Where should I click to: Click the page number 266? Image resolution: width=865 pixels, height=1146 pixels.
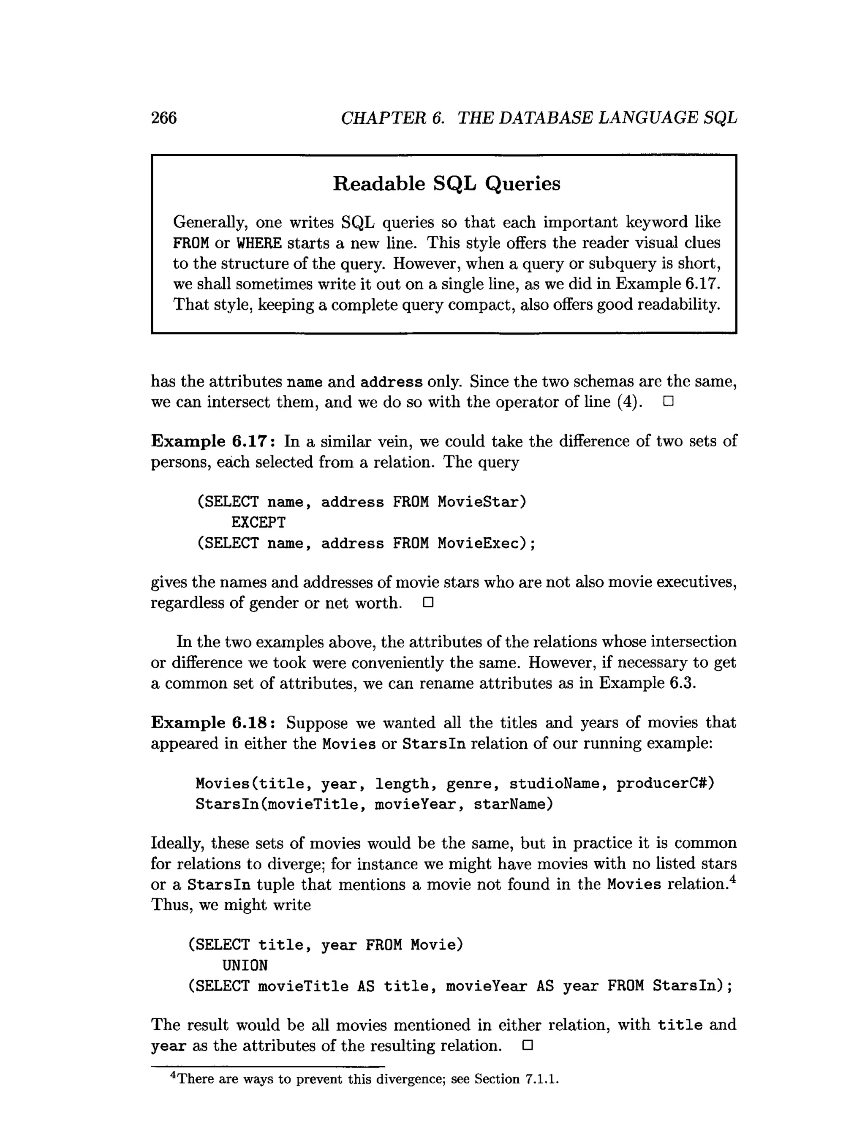(x=164, y=118)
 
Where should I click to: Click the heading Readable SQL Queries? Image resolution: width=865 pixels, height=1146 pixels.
(x=446, y=183)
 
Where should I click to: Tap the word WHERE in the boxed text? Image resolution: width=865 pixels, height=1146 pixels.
(x=259, y=243)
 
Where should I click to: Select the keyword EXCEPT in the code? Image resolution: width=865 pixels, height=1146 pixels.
(x=258, y=522)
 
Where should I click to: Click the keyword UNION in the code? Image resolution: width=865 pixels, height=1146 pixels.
(x=245, y=965)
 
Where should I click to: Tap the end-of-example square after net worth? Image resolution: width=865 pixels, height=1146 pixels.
(x=428, y=602)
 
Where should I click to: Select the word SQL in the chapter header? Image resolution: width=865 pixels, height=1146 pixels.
(x=721, y=118)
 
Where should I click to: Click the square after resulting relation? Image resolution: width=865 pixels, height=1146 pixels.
(x=527, y=1045)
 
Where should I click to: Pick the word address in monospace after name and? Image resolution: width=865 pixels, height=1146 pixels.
(x=391, y=382)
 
